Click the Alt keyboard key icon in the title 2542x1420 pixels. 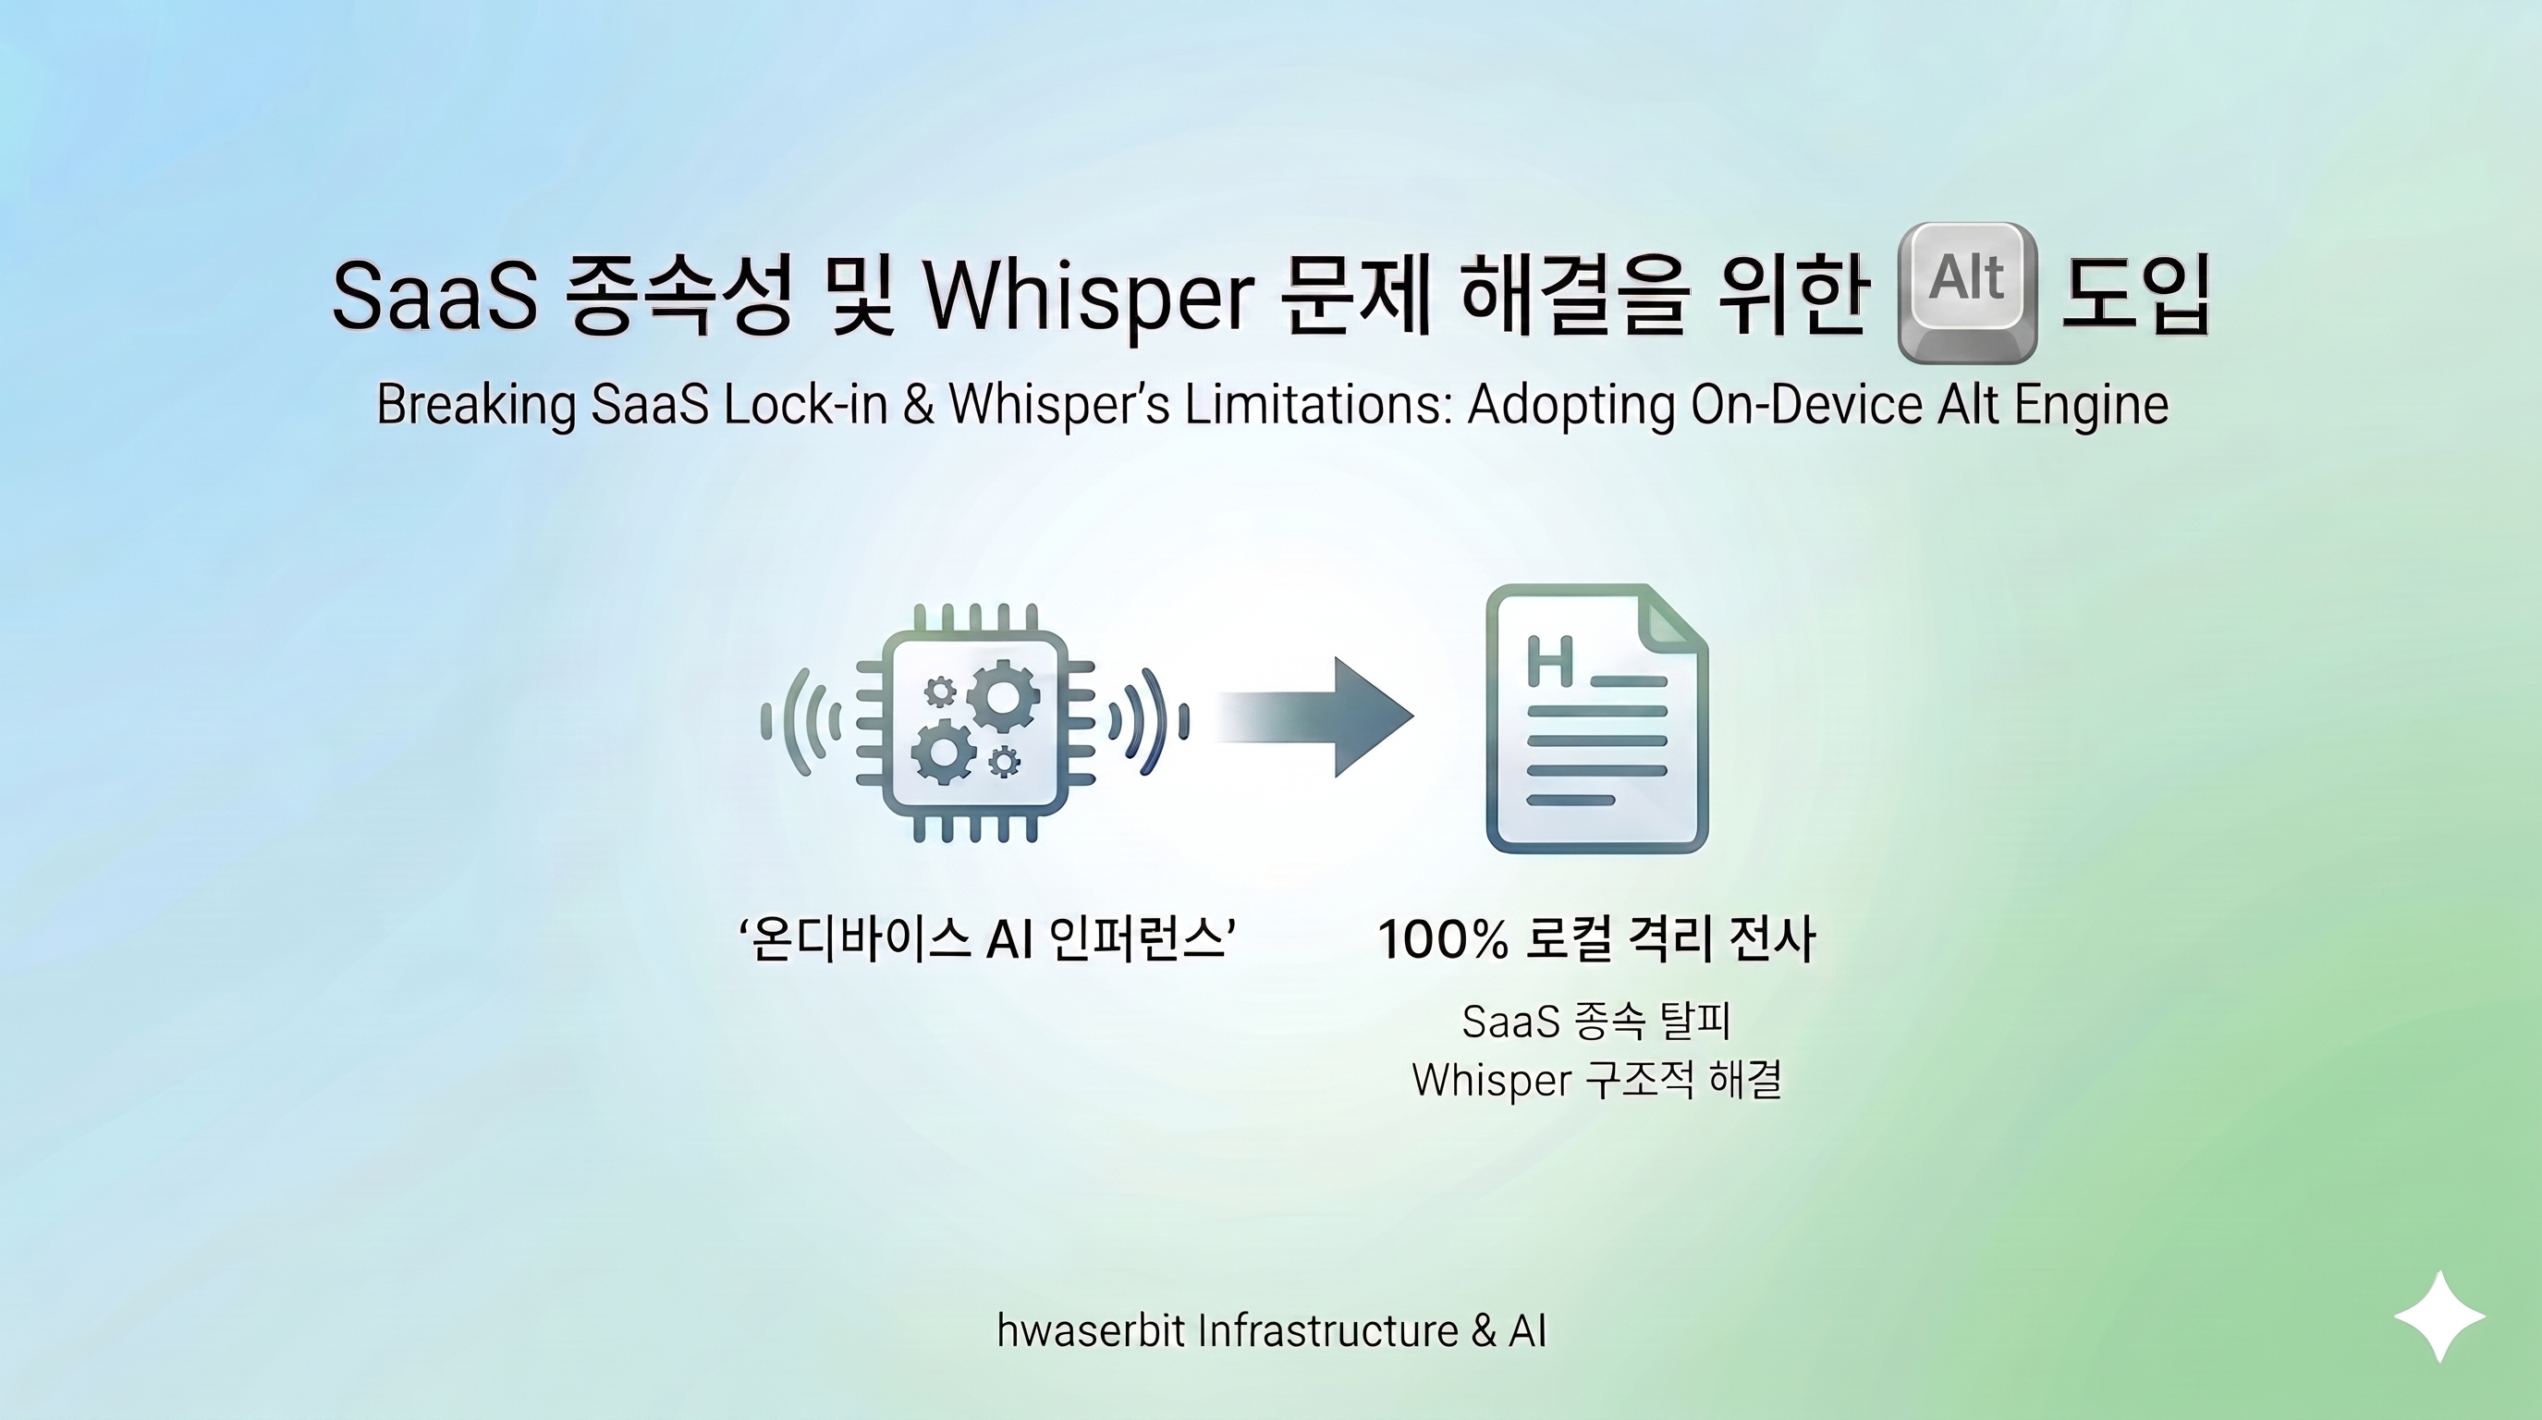(1968, 291)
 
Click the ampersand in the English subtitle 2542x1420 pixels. (918, 405)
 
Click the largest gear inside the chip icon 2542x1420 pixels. (1002, 697)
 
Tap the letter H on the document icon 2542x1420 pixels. (1549, 662)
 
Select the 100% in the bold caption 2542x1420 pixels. (1442, 939)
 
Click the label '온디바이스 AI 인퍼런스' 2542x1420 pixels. (987, 939)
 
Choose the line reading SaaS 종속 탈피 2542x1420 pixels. (1595, 1022)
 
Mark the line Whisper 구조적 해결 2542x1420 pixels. (1595, 1080)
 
